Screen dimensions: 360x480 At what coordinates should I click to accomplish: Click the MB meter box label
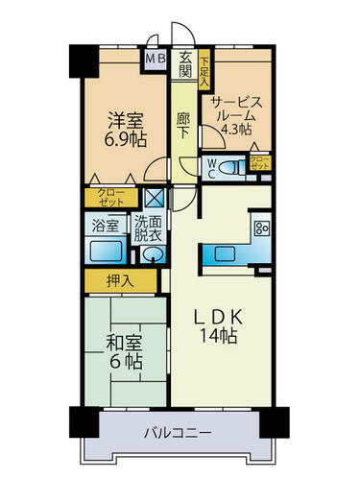pos(156,59)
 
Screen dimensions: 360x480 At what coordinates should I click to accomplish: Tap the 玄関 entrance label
pos(185,65)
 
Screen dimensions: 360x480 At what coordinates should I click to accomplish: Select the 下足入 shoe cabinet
pos(204,69)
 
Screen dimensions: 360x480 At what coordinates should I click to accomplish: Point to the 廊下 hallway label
pos(183,126)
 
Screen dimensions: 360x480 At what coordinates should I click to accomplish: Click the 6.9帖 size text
pos(126,139)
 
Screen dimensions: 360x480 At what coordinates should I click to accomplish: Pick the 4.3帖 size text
pos(236,129)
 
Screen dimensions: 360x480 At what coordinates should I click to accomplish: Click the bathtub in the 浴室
pos(106,251)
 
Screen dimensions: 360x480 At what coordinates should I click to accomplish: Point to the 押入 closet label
pos(120,280)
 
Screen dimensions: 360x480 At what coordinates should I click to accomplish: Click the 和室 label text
pos(124,344)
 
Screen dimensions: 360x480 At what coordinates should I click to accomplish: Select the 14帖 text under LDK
pos(219,336)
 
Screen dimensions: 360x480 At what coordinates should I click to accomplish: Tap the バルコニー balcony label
pos(178,433)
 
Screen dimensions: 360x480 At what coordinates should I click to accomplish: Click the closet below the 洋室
pos(111,198)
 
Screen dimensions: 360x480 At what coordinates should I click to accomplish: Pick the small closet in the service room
pos(260,162)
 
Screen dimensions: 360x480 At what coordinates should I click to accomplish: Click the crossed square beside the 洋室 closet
pos(155,198)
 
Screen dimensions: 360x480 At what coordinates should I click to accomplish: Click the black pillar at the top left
pos(84,60)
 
